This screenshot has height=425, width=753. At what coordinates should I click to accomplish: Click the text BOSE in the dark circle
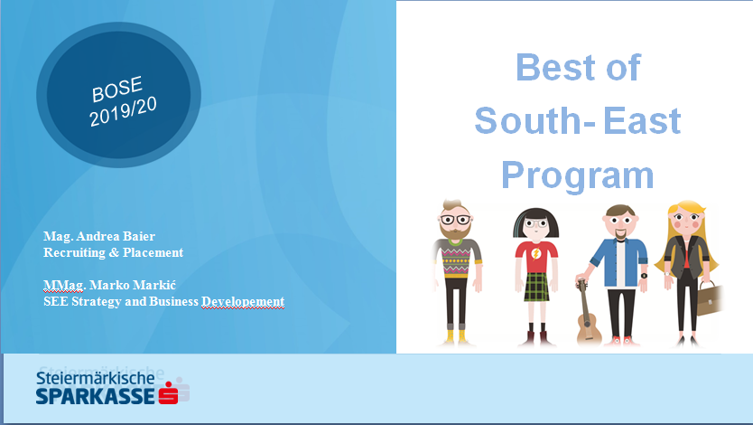point(117,89)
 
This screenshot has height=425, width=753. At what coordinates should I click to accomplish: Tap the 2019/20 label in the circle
point(123,111)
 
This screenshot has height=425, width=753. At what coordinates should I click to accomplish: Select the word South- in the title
point(535,120)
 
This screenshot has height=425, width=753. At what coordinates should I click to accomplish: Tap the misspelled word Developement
point(243,301)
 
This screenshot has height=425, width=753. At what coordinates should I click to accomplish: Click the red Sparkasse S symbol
point(169,392)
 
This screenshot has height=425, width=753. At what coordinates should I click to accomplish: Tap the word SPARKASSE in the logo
point(95,396)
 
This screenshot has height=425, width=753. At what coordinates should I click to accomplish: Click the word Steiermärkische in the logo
point(95,378)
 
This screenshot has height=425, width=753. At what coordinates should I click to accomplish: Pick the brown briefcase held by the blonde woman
point(711,298)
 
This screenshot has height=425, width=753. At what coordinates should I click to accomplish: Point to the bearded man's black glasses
point(455,221)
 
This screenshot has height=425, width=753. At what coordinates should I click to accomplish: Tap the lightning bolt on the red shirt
point(536,254)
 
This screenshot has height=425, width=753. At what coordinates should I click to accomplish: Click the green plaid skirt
point(536,287)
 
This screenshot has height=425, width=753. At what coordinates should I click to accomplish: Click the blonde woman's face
point(688,222)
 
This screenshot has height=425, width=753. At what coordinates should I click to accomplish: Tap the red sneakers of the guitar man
point(623,341)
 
